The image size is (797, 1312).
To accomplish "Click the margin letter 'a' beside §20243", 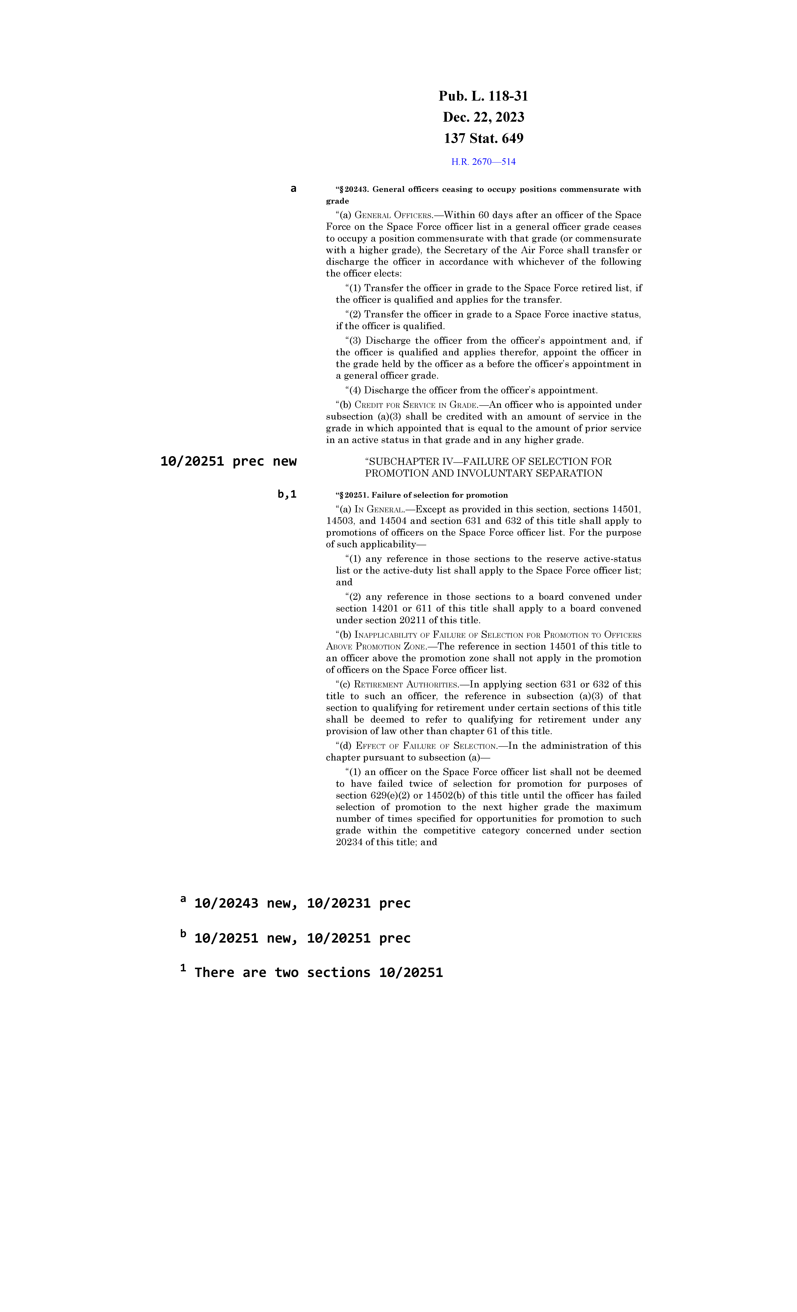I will pos(293,189).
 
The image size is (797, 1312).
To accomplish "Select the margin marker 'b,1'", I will pos(287,494).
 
